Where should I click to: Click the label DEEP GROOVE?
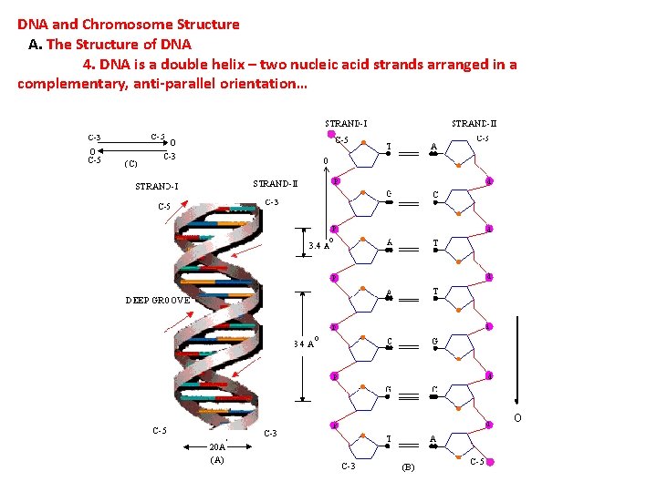158,300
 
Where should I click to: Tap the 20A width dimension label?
217,446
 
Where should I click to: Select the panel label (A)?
217,460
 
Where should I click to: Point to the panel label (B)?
408,467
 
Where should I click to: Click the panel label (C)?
130,164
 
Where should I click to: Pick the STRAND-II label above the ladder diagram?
474,123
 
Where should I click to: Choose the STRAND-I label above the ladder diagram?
347,123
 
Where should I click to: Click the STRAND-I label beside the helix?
157,188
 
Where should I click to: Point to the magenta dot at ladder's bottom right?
490,463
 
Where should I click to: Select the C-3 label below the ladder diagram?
348,466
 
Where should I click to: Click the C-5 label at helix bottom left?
159,431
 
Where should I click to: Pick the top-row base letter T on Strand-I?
390,146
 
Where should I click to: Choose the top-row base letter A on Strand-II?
433,146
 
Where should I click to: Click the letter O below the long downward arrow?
517,418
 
